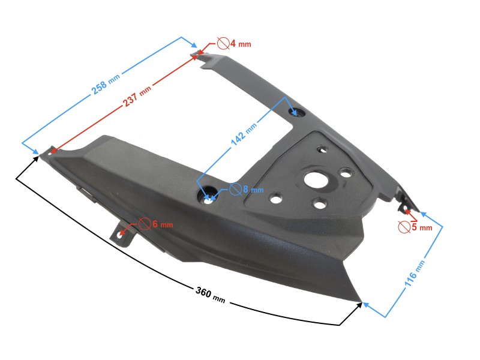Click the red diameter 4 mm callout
pos(233,43)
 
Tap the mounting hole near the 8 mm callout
pos(208,196)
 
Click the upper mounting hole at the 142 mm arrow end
pos(298,112)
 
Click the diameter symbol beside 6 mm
pos(145,223)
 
